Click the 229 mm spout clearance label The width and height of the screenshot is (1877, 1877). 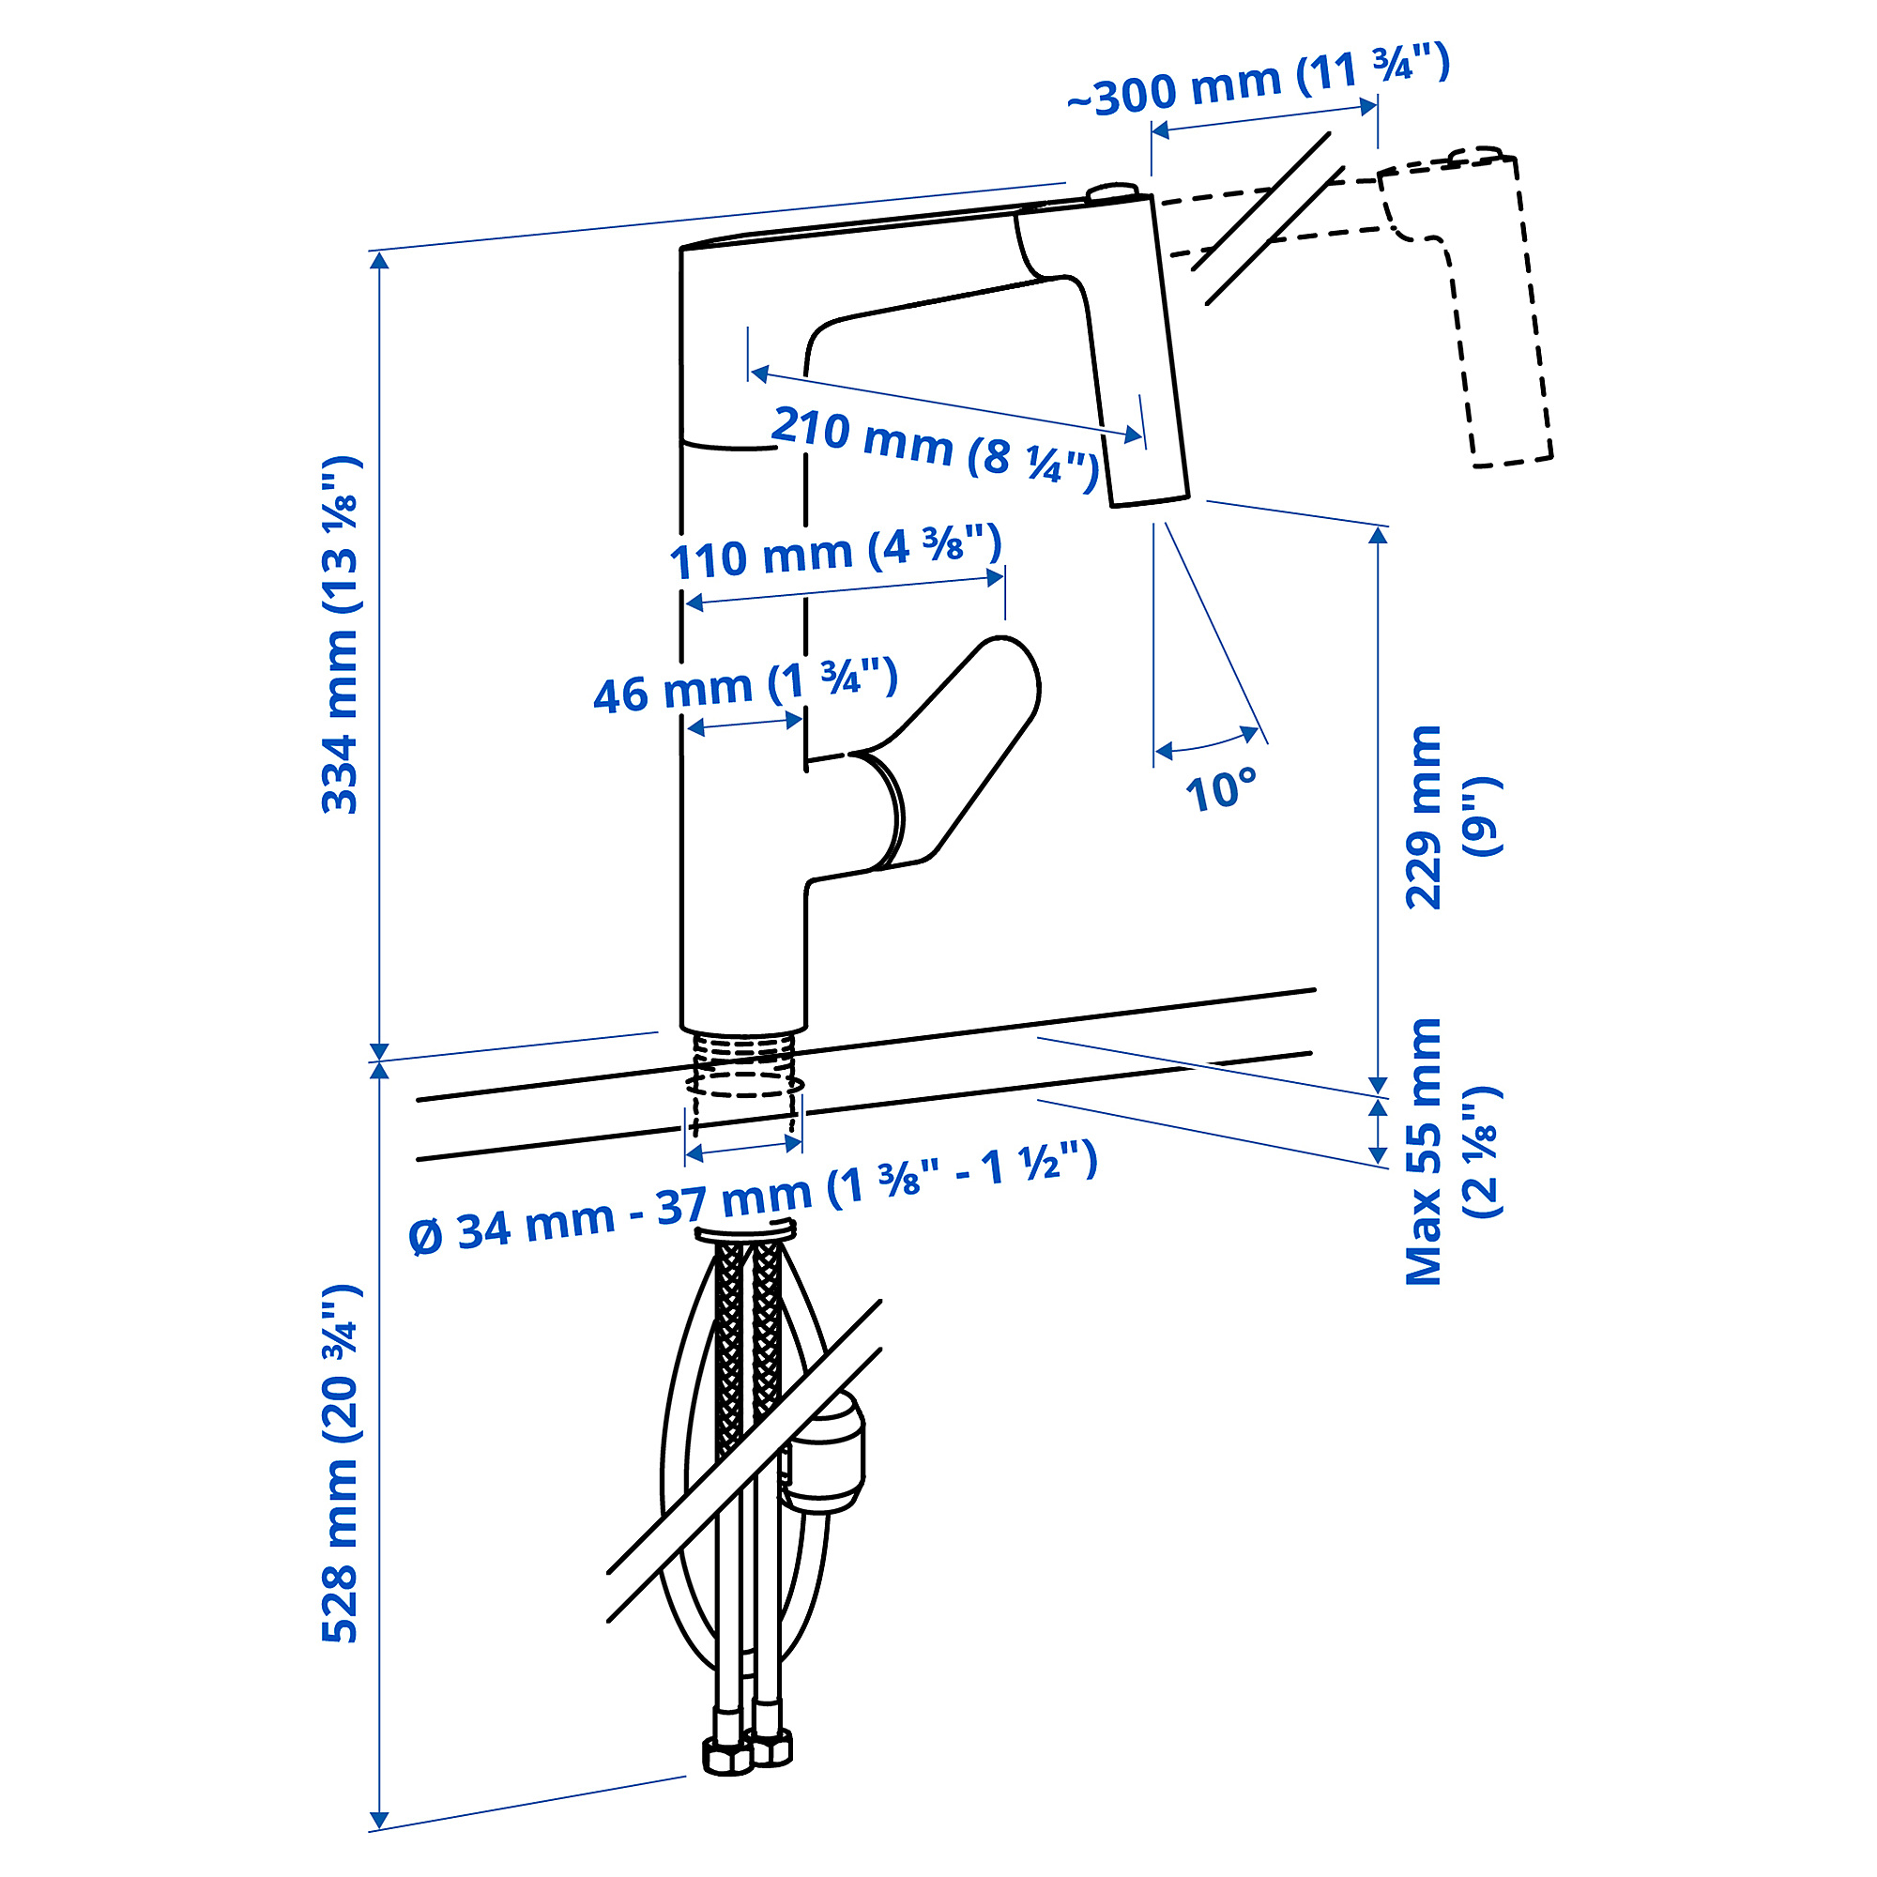tap(1452, 816)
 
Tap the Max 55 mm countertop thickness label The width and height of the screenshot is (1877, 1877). tap(1452, 1152)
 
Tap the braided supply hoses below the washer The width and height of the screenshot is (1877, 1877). tap(747, 1360)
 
